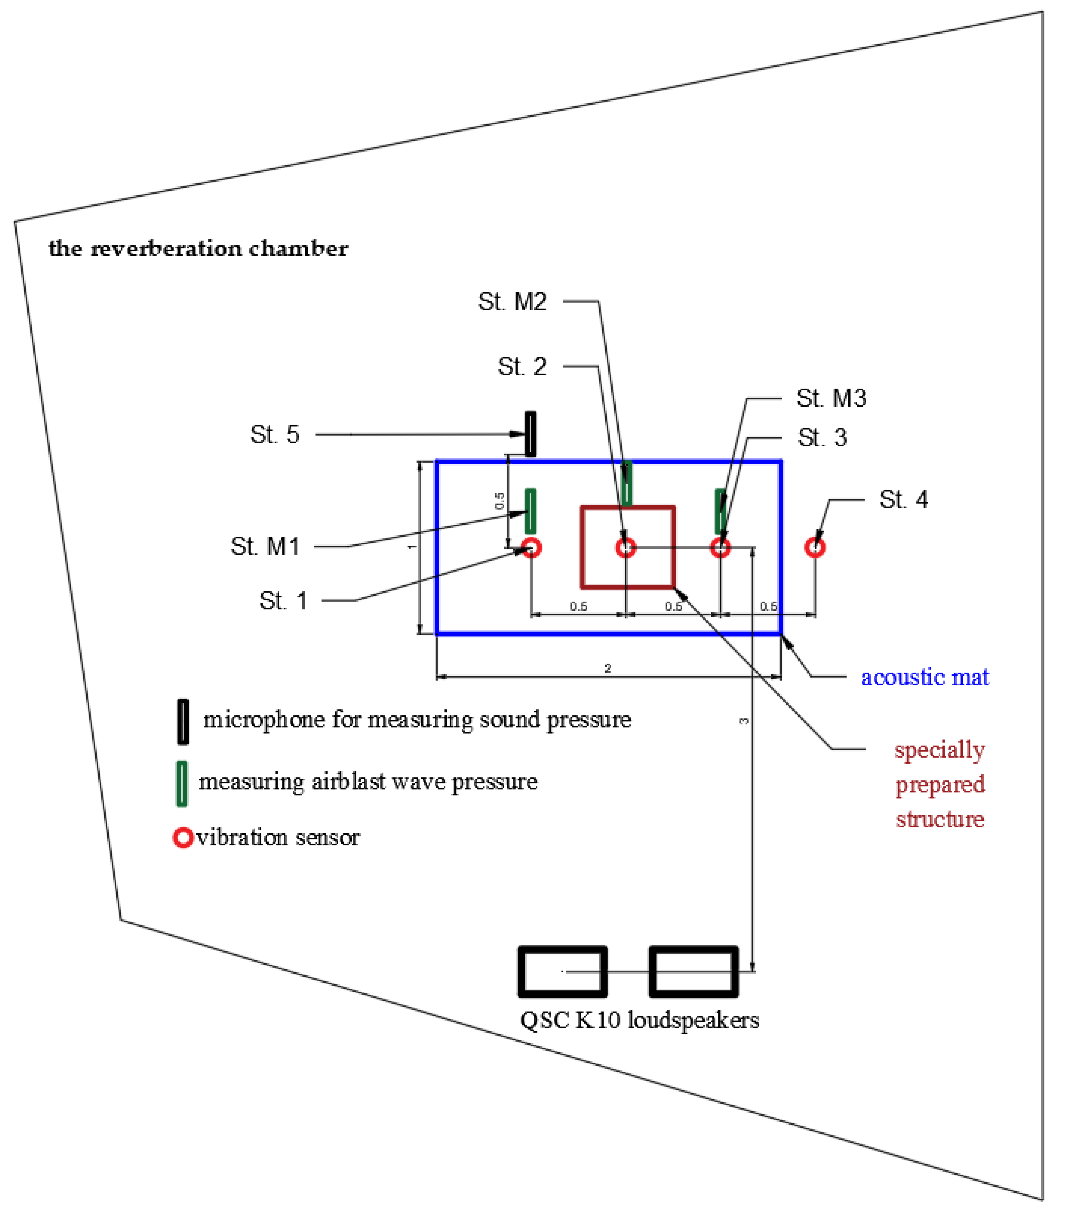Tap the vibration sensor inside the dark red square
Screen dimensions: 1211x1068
[x=626, y=548]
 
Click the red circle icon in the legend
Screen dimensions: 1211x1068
[x=183, y=838]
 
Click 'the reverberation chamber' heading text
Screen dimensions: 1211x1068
[x=198, y=248]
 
